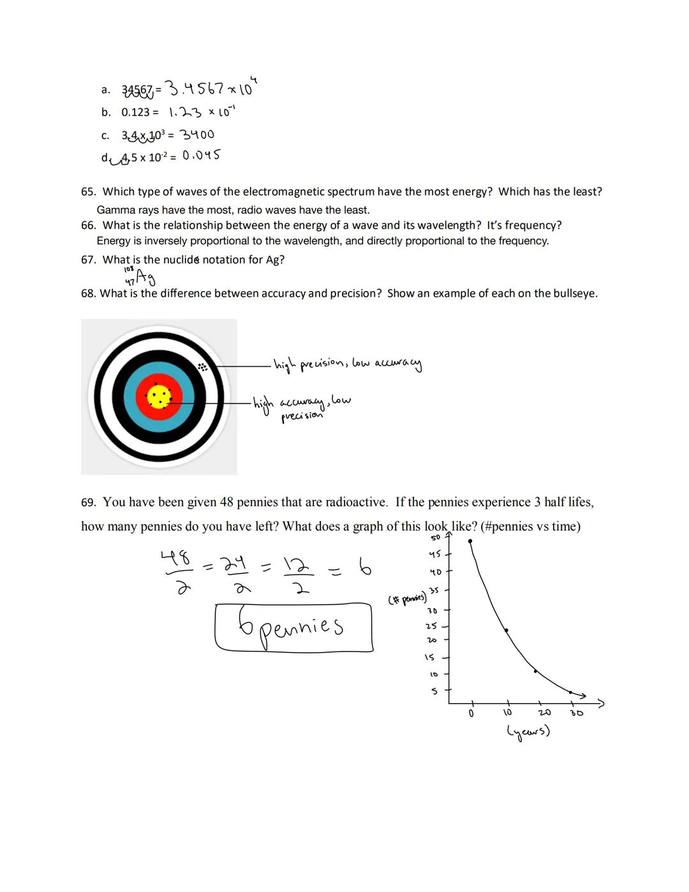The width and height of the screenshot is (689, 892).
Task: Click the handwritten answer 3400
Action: point(196,135)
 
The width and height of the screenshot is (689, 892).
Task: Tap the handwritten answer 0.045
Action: point(202,155)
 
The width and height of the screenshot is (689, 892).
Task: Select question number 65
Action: point(89,192)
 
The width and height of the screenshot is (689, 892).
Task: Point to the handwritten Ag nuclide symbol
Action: point(144,277)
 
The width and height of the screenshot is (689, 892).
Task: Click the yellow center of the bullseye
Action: point(159,397)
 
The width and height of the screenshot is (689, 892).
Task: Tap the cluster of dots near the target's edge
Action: point(202,367)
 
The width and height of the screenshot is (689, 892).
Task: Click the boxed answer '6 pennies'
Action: point(293,627)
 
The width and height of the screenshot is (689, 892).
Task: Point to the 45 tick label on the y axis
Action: point(435,554)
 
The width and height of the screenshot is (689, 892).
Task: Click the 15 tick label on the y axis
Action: point(429,657)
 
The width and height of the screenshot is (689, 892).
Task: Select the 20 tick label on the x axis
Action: point(544,713)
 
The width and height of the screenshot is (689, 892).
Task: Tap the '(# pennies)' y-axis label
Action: point(407,599)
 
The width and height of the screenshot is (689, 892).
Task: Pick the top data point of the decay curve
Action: point(470,541)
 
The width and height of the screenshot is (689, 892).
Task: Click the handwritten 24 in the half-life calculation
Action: point(233,564)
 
